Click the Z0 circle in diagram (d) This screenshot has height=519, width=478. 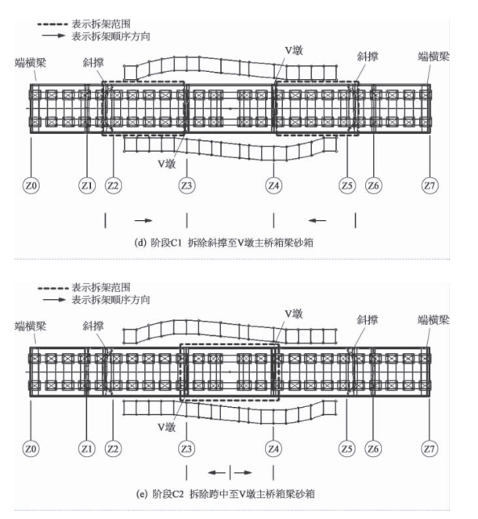coord(31,186)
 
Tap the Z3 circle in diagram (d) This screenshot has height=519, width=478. coord(186,186)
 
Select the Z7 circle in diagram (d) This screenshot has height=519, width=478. coord(429,186)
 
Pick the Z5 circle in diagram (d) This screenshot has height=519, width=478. coord(347,186)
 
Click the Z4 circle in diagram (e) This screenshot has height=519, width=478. coord(273,449)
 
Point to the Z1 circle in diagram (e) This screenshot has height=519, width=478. coord(87,449)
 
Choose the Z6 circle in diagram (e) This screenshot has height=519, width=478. coord(373,449)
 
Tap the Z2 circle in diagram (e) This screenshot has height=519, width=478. coord(113,449)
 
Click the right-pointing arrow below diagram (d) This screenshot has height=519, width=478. coord(143,221)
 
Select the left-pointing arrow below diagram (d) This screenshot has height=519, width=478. coord(317,221)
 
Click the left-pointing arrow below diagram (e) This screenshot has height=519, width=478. coord(216,473)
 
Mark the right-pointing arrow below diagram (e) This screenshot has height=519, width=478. coord(243,473)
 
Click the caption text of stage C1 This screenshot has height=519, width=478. coord(223,243)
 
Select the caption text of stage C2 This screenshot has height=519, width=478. coord(225,494)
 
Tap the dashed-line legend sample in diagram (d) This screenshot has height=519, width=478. coord(53,24)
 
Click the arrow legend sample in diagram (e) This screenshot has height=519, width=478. coord(54,300)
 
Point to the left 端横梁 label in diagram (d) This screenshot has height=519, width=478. coord(31,63)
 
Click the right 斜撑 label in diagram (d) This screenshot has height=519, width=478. coord(368,56)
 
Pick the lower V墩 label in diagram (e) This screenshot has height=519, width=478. coord(167,427)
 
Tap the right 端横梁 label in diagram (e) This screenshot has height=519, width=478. coord(433,320)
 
